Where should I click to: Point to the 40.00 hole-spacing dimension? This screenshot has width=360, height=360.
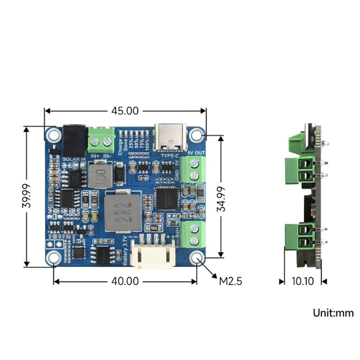(x=125, y=282)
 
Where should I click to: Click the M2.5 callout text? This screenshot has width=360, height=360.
(x=231, y=282)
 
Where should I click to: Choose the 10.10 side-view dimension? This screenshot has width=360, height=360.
(x=302, y=282)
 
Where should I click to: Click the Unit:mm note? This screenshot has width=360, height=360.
(x=333, y=313)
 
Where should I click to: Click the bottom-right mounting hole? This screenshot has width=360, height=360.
(x=197, y=257)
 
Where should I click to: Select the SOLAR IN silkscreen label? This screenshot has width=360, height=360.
(x=74, y=159)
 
